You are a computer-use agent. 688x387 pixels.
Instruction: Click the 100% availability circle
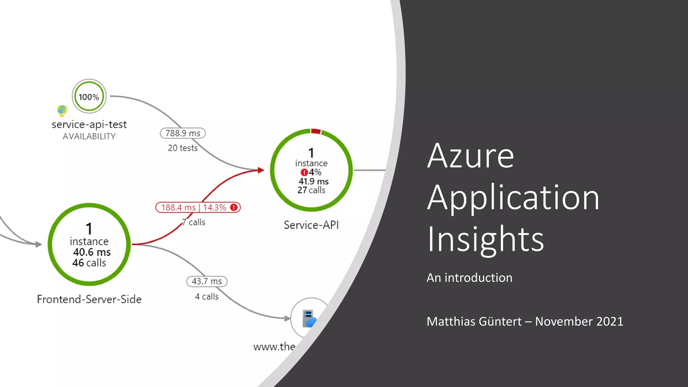click(x=89, y=96)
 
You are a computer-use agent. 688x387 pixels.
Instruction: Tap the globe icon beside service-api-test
click(x=62, y=110)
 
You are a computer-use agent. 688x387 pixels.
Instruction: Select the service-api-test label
click(x=89, y=124)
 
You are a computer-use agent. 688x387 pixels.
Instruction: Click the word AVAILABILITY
click(x=89, y=136)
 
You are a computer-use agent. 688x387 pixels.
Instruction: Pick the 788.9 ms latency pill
click(x=183, y=133)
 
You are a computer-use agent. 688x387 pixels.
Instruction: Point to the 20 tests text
click(x=183, y=148)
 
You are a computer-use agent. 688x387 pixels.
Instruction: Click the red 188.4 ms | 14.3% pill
click(x=198, y=208)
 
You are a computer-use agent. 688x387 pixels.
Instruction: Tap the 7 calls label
click(x=194, y=222)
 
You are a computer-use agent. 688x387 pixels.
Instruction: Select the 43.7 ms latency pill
click(x=207, y=282)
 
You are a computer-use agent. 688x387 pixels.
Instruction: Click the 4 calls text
click(x=207, y=297)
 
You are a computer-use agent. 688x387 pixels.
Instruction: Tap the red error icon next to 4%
click(x=304, y=172)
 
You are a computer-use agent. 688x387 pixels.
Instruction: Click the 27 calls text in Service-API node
click(x=311, y=190)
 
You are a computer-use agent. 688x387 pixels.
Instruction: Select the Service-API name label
click(x=311, y=225)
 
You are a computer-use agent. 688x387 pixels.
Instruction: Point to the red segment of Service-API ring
click(x=316, y=131)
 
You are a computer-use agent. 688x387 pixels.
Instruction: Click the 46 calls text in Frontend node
click(x=89, y=263)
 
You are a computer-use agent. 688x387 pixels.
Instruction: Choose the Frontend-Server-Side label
click(x=89, y=299)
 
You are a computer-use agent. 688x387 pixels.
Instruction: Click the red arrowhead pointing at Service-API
click(x=261, y=170)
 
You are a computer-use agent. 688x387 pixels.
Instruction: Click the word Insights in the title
click(x=485, y=239)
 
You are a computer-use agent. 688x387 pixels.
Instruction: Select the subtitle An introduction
click(x=469, y=278)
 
